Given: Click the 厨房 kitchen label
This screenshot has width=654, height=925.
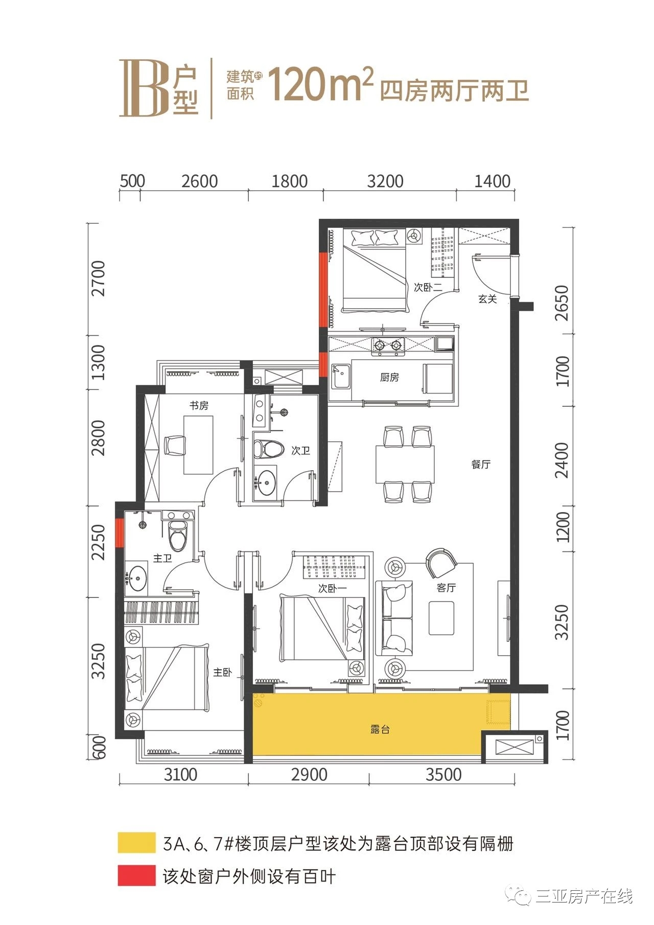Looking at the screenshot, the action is (x=389, y=378).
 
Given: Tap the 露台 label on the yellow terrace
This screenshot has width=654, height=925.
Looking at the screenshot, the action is (x=380, y=729).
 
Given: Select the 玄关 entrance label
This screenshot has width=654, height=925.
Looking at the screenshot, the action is (x=487, y=299).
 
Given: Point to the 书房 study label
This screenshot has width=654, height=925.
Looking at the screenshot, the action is (x=199, y=406).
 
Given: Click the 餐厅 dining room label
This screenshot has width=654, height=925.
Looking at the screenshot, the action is (x=481, y=464).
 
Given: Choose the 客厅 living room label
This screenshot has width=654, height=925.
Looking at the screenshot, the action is (x=446, y=588).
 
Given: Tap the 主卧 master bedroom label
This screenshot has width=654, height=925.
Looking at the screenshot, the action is (x=223, y=673).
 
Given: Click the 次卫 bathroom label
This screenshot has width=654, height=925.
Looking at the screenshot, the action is (x=301, y=451).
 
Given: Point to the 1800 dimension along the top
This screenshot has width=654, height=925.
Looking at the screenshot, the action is (x=289, y=181).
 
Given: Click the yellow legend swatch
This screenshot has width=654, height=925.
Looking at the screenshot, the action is (x=136, y=843).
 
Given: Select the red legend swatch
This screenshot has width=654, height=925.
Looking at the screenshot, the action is (x=136, y=875).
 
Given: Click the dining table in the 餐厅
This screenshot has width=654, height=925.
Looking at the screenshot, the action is (x=405, y=464).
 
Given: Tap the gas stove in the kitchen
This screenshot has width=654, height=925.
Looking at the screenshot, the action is (x=388, y=345).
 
